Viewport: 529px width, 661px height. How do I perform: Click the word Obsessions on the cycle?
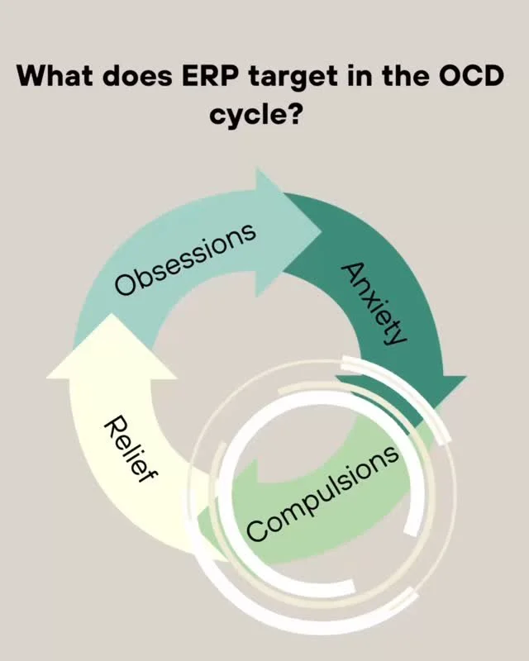click(185, 259)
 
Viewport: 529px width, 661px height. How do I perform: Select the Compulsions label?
click(323, 493)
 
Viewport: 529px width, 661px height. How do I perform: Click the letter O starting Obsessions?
click(126, 285)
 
